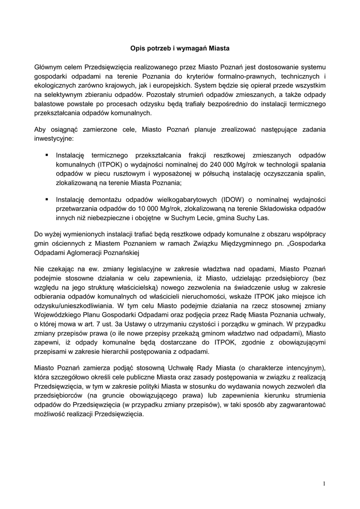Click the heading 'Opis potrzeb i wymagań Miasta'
tap(180, 49)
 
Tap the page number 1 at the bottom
tap(323, 483)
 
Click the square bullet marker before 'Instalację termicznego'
tap(46, 155)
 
